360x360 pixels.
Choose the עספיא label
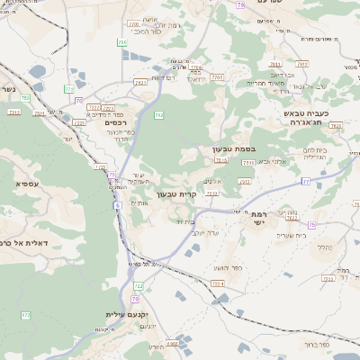26,184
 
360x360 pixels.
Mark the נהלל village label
326,245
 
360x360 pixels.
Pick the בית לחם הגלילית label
315,153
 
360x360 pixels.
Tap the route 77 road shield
305,181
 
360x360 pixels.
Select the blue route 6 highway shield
117,205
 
